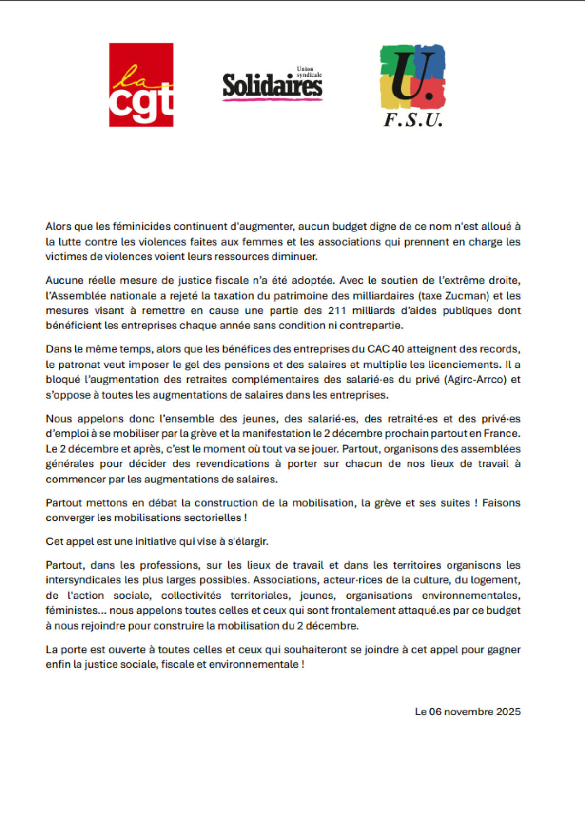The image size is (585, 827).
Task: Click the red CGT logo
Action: coord(141,85)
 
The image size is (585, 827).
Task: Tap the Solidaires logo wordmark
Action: coord(272,85)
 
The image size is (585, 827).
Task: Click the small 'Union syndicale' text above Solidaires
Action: coord(309,72)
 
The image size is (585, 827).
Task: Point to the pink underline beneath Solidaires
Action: coord(273,99)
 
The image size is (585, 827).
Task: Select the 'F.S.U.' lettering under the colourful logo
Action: coord(413,120)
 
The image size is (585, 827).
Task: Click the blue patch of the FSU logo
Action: coord(431,61)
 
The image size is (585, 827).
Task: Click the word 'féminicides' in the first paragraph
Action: coord(142,227)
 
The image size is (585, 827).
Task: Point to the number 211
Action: coord(337,311)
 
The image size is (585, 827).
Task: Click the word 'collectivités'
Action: coord(191,596)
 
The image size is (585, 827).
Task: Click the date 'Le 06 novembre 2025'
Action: coord(468,712)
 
